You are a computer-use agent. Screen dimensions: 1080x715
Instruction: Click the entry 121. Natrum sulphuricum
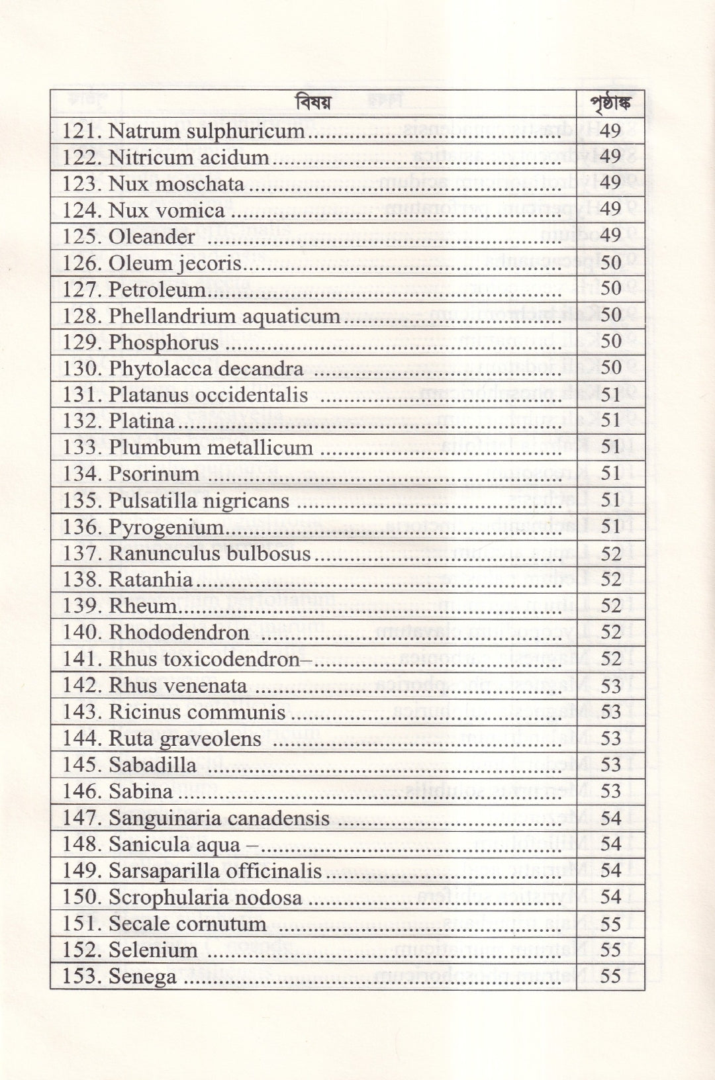point(183,131)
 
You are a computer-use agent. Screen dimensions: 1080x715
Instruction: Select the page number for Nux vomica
point(610,210)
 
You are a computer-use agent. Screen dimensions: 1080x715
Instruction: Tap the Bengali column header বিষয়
point(313,105)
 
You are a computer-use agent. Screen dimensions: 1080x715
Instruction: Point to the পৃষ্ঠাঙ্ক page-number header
point(610,105)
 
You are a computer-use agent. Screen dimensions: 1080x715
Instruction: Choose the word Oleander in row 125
point(152,237)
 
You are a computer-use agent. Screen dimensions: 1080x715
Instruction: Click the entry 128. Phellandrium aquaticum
point(201,316)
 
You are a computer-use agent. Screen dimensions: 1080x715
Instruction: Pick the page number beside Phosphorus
point(610,341)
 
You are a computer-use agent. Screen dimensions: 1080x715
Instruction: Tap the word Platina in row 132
point(142,421)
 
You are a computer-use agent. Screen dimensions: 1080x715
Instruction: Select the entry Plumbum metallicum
point(211,447)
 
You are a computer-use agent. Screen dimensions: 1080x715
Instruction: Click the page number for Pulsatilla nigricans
point(610,500)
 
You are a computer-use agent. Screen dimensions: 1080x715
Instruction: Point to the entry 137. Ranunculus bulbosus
point(187,553)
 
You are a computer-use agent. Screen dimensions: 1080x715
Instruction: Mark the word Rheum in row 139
point(142,606)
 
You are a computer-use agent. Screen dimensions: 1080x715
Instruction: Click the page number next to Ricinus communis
point(610,711)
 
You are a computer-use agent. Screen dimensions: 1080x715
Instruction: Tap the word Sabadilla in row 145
point(152,765)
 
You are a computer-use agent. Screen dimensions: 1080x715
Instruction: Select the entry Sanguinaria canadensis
point(218,818)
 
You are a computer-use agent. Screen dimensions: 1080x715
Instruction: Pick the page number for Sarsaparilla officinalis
point(610,870)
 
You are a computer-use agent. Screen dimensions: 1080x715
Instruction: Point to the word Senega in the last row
point(142,977)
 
